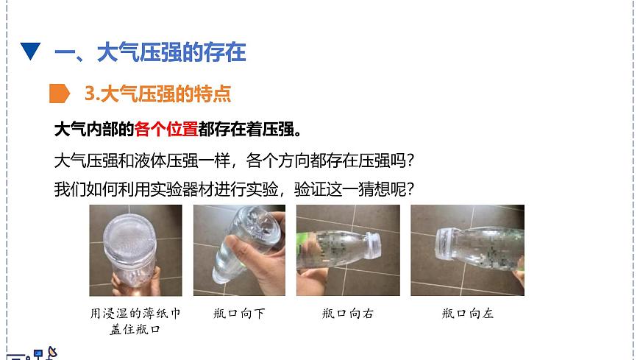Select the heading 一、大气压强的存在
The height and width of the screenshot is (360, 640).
(x=151, y=52)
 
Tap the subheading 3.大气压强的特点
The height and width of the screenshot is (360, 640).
(x=157, y=93)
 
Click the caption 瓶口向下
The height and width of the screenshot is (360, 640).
(x=241, y=313)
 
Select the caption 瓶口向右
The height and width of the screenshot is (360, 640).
(x=347, y=313)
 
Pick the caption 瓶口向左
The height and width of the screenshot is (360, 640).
(x=468, y=313)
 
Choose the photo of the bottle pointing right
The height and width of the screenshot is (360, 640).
(x=347, y=251)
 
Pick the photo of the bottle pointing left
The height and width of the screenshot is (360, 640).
(x=467, y=251)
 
